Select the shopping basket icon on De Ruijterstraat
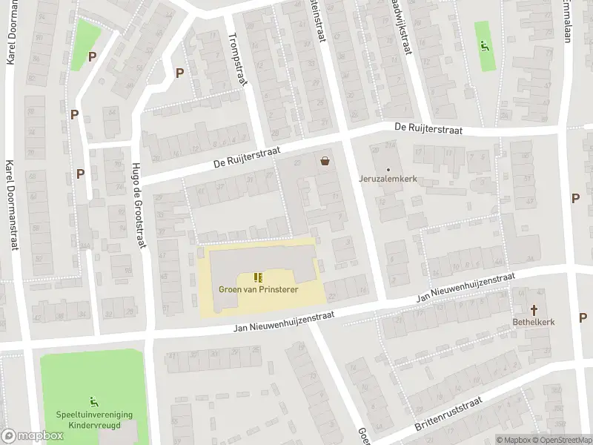(x=325, y=159)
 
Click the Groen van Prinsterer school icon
(x=258, y=277)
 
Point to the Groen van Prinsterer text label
(x=258, y=289)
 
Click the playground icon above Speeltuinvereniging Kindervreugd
(x=93, y=401)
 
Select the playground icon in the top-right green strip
(x=486, y=46)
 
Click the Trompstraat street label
(x=236, y=60)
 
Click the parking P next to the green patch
(x=92, y=56)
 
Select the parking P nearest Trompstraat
(x=179, y=73)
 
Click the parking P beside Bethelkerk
(x=583, y=317)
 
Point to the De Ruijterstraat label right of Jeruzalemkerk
(x=428, y=129)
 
